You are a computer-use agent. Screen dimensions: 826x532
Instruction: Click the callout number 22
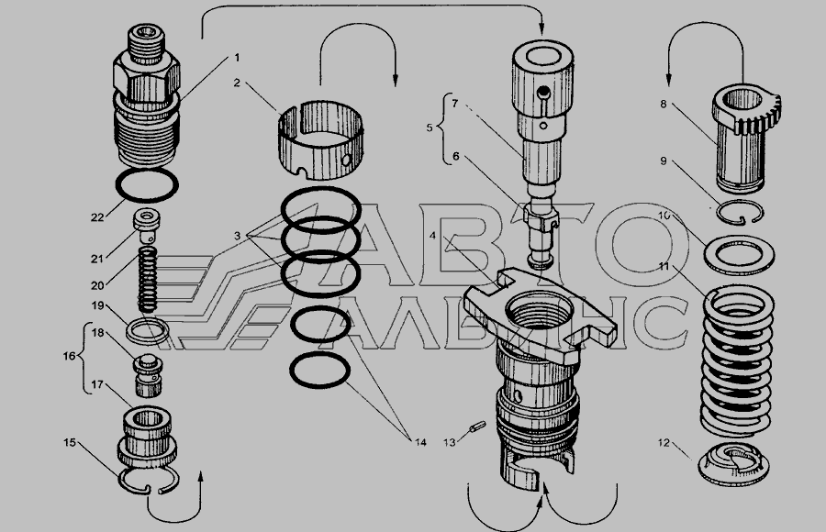[97, 217]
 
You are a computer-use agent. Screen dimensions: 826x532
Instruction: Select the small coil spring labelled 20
[148, 279]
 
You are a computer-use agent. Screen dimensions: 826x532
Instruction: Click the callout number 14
[419, 442]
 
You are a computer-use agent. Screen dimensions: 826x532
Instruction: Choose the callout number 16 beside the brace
[69, 356]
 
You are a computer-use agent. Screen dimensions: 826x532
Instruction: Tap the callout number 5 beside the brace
[429, 127]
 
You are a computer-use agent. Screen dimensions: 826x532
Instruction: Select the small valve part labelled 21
[147, 226]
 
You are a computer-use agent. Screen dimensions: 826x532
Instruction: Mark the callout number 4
[432, 236]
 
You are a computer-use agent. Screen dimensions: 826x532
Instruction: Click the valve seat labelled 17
[147, 438]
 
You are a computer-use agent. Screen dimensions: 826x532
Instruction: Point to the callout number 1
[237, 57]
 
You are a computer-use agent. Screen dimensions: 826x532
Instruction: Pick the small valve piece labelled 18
[148, 376]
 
